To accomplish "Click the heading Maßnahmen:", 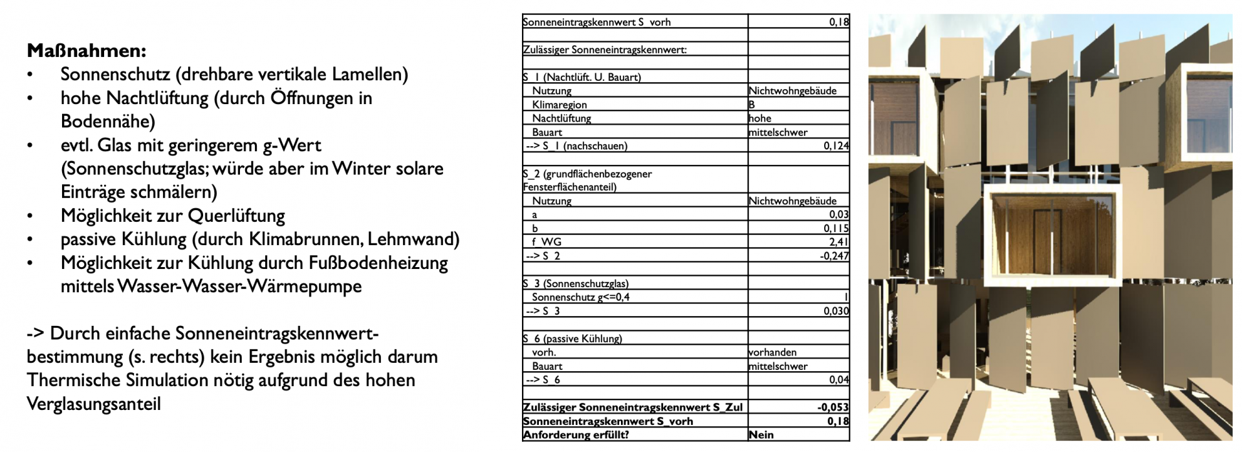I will coord(87,50).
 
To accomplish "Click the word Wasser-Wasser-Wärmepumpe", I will coord(239,286).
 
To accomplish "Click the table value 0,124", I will coord(836,146).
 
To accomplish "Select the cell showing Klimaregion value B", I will coord(752,105).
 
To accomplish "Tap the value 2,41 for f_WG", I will coord(838,242).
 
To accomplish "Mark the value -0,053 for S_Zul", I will coord(833,407).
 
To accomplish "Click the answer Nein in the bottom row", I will coord(761,435).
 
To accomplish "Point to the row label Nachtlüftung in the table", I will coord(561,118).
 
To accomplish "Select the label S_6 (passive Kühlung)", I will coord(572,339).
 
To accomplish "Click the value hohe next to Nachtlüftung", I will coord(760,118).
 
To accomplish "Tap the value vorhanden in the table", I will coord(772,352).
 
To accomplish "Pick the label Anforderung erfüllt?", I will coord(575,435).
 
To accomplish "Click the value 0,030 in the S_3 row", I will coord(836,311).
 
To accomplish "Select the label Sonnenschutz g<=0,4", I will coord(580,297).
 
